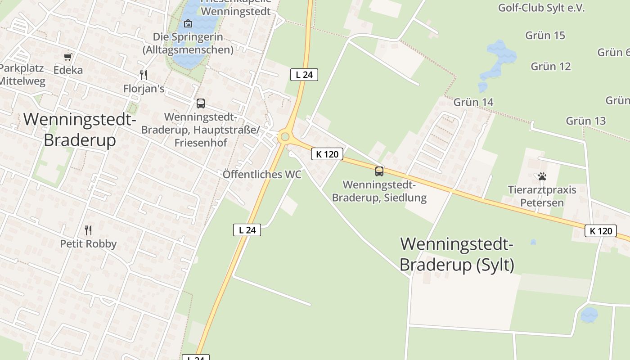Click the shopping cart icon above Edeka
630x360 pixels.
[x=68, y=57]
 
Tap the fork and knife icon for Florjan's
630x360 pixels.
[x=144, y=75]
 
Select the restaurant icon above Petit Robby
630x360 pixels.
[x=88, y=230]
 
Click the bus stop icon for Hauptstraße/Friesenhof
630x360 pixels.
[x=201, y=103]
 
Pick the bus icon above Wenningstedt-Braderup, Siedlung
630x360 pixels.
[x=379, y=171]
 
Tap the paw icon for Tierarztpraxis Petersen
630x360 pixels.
[x=542, y=176]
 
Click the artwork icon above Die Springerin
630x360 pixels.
[x=188, y=23]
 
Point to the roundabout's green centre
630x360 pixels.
[x=284, y=136]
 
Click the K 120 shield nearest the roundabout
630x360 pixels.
[x=327, y=154]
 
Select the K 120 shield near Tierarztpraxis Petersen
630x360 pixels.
[x=601, y=231]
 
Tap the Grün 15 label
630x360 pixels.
[x=545, y=35]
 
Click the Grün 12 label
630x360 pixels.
[x=551, y=66]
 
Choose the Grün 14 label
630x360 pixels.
[x=473, y=102]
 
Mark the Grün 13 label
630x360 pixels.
[x=585, y=121]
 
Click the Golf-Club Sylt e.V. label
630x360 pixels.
[x=541, y=8]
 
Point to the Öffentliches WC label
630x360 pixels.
[x=262, y=174]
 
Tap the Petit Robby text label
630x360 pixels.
[x=88, y=244]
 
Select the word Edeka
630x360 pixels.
[x=68, y=70]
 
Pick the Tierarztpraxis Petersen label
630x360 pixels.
[x=542, y=196]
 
